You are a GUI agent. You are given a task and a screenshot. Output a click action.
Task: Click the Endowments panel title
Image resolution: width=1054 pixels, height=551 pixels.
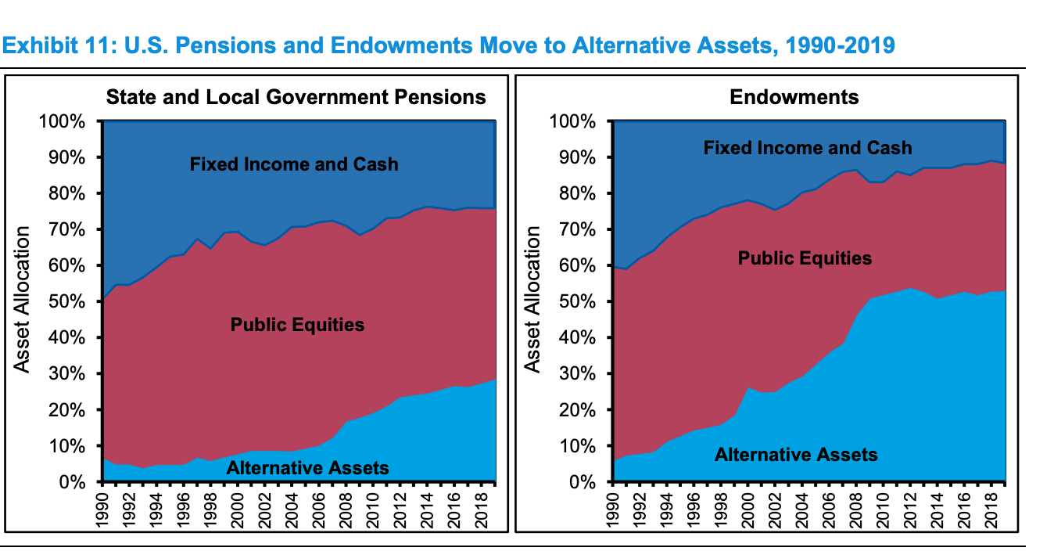coord(794,97)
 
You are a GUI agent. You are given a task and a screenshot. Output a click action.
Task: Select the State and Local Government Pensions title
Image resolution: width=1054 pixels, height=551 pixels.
coord(296,97)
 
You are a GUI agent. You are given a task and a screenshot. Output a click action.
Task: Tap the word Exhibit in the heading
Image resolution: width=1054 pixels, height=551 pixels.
coord(38,45)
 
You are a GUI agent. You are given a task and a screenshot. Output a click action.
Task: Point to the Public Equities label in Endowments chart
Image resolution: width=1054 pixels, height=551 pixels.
coord(805,258)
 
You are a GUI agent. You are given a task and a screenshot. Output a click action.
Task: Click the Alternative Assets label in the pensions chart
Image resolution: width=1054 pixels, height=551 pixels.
coord(307,468)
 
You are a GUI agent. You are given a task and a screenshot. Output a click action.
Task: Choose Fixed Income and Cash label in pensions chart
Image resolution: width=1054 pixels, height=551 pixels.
coord(294,164)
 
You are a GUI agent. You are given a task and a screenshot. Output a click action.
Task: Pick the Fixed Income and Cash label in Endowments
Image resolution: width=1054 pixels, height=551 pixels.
coord(808,147)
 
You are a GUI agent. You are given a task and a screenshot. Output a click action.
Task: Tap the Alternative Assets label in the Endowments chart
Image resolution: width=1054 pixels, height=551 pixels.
coord(796,455)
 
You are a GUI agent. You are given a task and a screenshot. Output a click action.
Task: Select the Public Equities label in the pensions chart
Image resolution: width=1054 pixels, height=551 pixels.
coord(297,324)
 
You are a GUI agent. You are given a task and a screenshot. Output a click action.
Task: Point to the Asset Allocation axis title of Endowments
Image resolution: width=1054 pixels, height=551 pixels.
coord(533,299)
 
